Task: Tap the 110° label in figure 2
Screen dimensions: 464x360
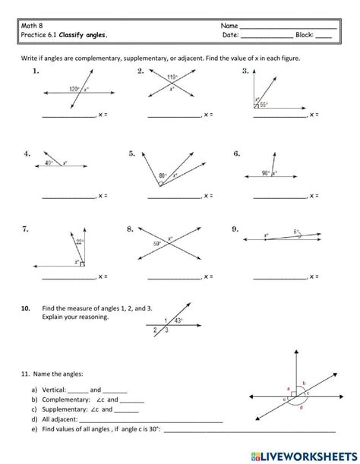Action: pyautogui.click(x=174, y=77)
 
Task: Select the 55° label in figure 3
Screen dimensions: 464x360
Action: pyautogui.click(x=264, y=105)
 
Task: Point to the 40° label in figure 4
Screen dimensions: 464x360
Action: pyautogui.click(x=49, y=163)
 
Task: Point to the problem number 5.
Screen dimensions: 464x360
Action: pyautogui.click(x=132, y=153)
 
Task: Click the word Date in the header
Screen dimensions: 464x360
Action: pyautogui.click(x=231, y=35)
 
